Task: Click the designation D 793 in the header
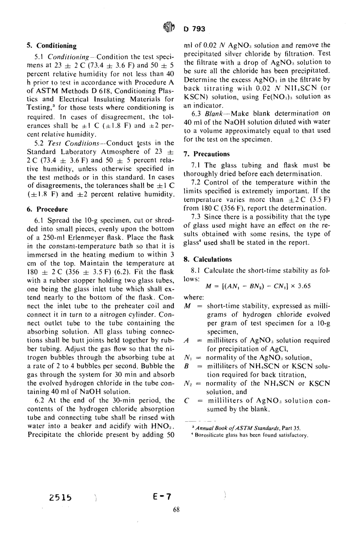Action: (194, 29)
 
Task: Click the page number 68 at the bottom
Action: (176, 509)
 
